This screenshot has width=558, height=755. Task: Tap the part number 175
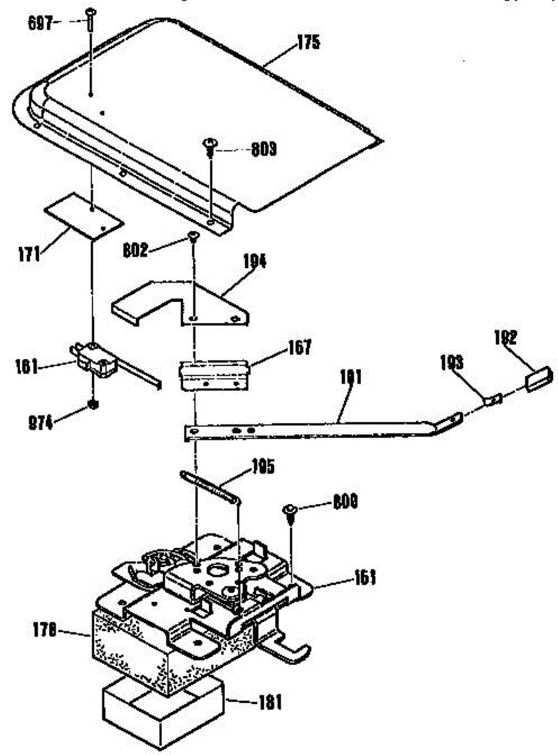(x=309, y=43)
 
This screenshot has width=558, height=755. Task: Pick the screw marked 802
(x=193, y=237)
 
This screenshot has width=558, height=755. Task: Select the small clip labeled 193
(x=493, y=399)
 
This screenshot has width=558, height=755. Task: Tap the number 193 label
(x=452, y=364)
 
